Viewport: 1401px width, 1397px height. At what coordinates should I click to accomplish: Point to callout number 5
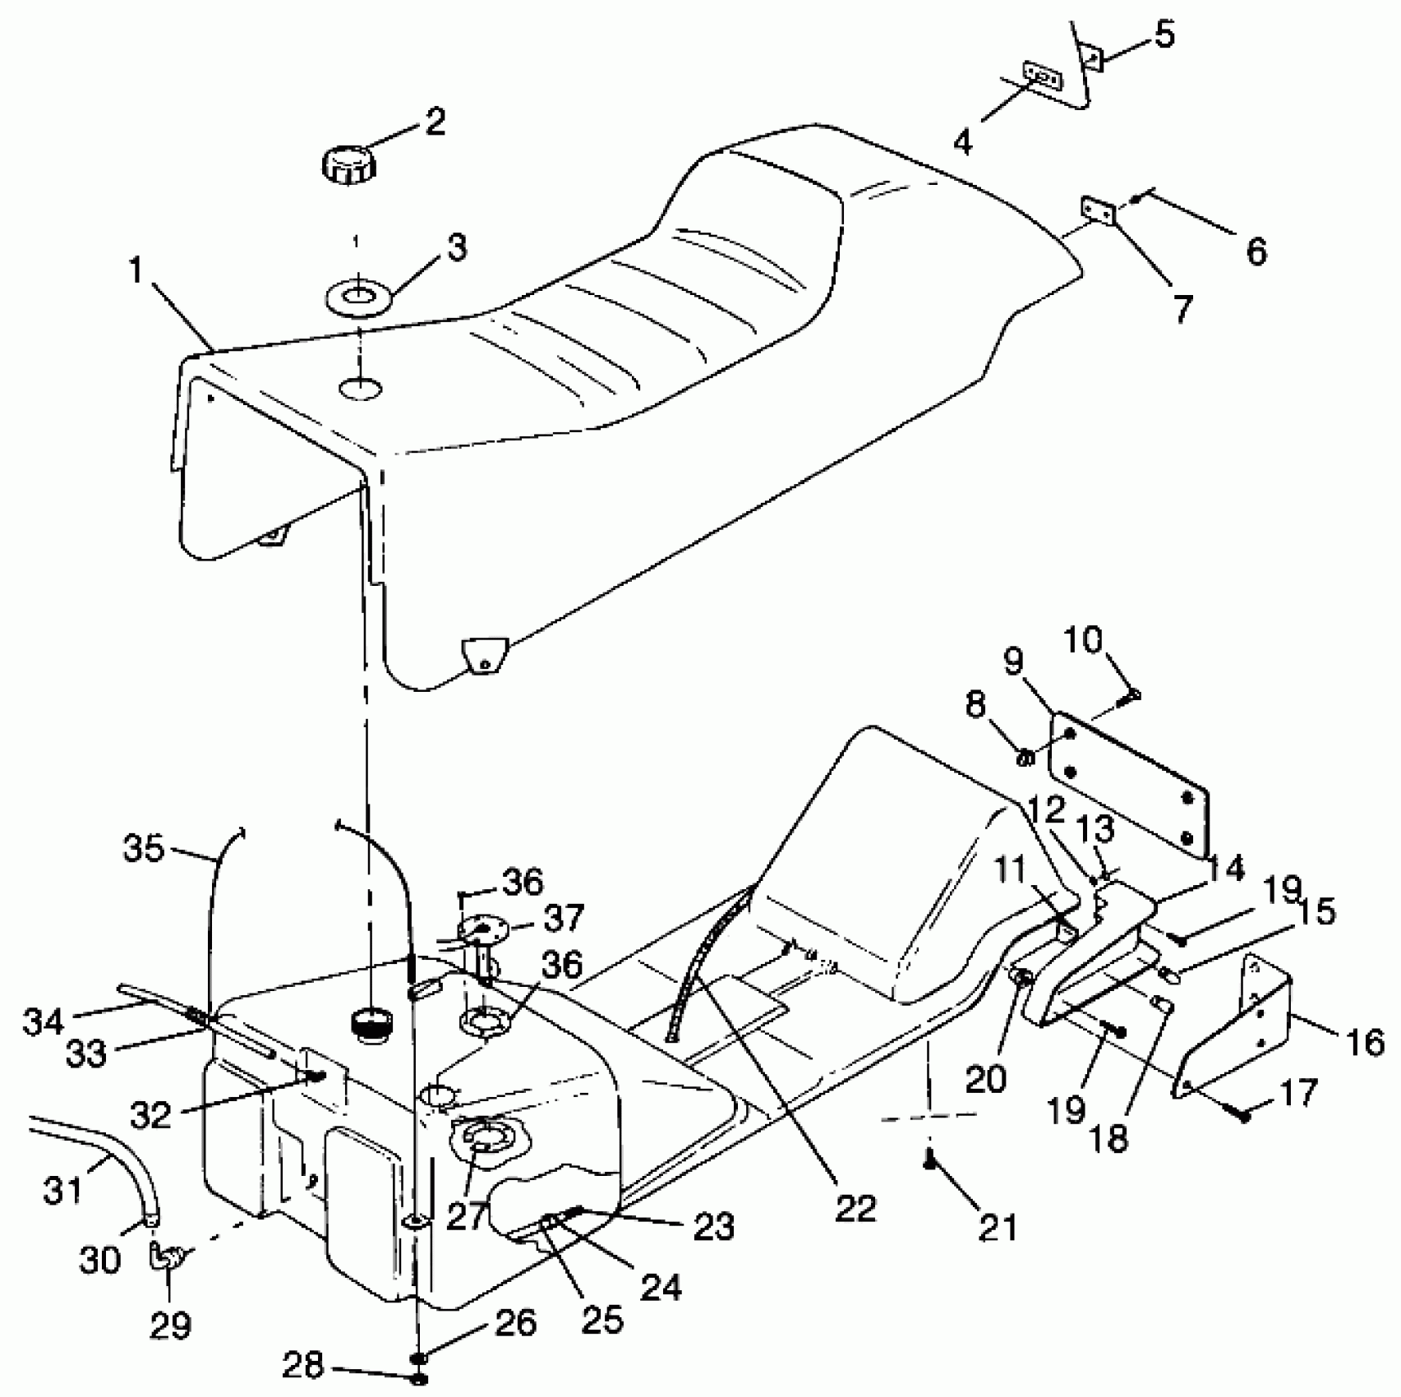tap(1164, 36)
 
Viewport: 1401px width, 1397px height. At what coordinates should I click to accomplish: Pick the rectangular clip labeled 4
tap(1040, 76)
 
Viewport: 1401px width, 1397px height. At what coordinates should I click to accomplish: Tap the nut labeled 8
tap(1025, 758)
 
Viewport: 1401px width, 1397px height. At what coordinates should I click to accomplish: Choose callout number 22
tap(855, 1207)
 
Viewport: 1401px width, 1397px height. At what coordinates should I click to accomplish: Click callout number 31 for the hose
tap(64, 1188)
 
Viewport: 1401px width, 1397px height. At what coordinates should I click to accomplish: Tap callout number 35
tap(144, 848)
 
